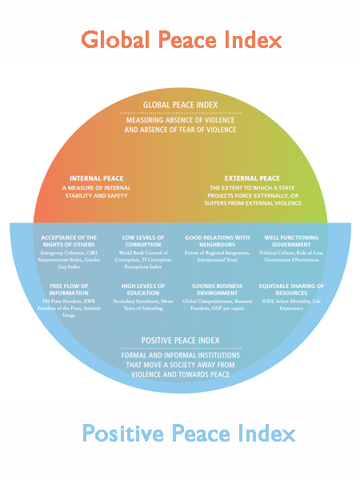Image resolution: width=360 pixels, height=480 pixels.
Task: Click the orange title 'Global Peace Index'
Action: click(x=180, y=39)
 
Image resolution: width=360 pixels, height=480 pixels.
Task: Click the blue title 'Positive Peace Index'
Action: click(x=189, y=434)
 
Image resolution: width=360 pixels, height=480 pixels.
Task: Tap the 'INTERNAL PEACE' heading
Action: click(x=95, y=178)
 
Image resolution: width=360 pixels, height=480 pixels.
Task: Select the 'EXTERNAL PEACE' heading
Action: click(x=252, y=178)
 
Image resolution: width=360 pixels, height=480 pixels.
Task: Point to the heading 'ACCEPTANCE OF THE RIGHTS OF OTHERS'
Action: click(x=68, y=242)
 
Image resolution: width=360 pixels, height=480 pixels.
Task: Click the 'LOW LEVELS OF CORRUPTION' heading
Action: click(x=143, y=242)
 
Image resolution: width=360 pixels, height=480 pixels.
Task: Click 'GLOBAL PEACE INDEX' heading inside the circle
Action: click(x=180, y=106)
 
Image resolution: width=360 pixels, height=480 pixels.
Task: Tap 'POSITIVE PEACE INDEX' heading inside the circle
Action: click(x=180, y=340)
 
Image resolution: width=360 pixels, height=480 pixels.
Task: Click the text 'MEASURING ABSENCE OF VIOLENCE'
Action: click(x=180, y=121)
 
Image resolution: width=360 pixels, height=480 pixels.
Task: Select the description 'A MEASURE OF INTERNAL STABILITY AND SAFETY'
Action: click(x=95, y=193)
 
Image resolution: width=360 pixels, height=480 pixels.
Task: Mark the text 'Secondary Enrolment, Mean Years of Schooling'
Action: click(x=143, y=304)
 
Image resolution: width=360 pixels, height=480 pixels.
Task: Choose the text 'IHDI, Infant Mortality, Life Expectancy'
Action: click(x=291, y=304)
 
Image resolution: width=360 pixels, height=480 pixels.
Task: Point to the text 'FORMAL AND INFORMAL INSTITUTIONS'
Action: click(x=180, y=355)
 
